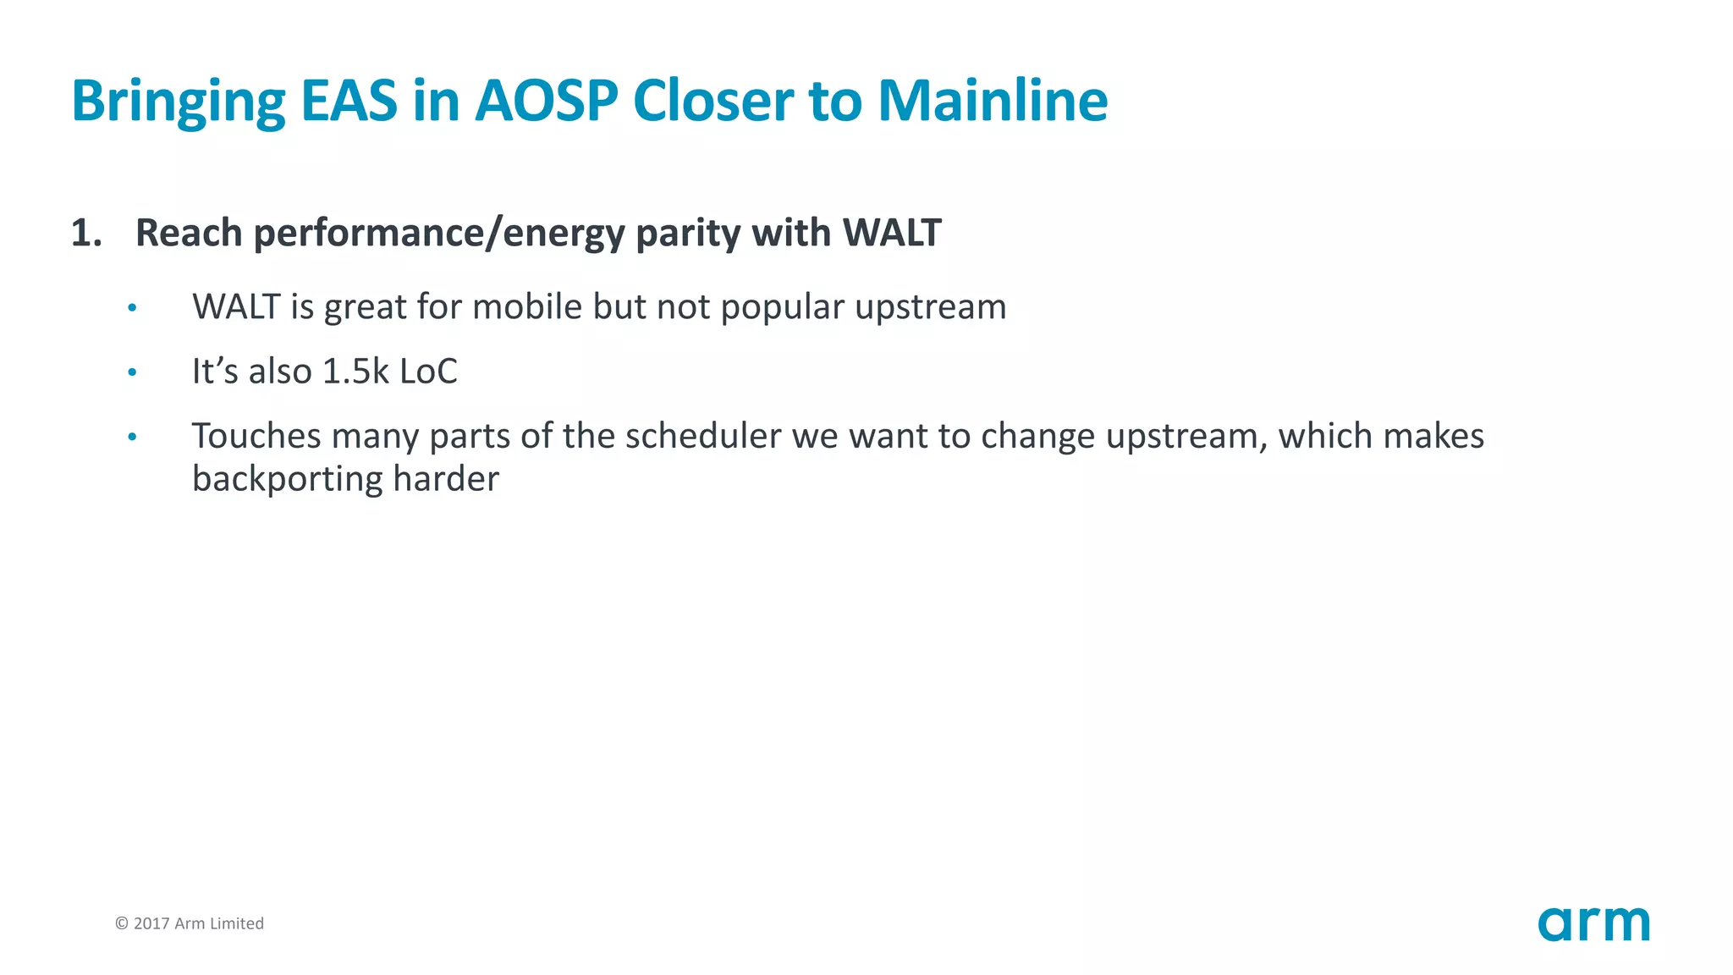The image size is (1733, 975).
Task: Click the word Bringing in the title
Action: coord(178,102)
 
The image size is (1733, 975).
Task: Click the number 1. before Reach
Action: coord(86,233)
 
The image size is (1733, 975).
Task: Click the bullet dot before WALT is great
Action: coord(132,308)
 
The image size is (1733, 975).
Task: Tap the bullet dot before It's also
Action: coord(132,372)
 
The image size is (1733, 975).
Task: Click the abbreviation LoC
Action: coord(428,372)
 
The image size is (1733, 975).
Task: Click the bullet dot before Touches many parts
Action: coord(132,438)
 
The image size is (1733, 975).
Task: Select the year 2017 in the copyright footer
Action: coord(151,923)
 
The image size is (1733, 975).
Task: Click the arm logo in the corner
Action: coord(1593,923)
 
